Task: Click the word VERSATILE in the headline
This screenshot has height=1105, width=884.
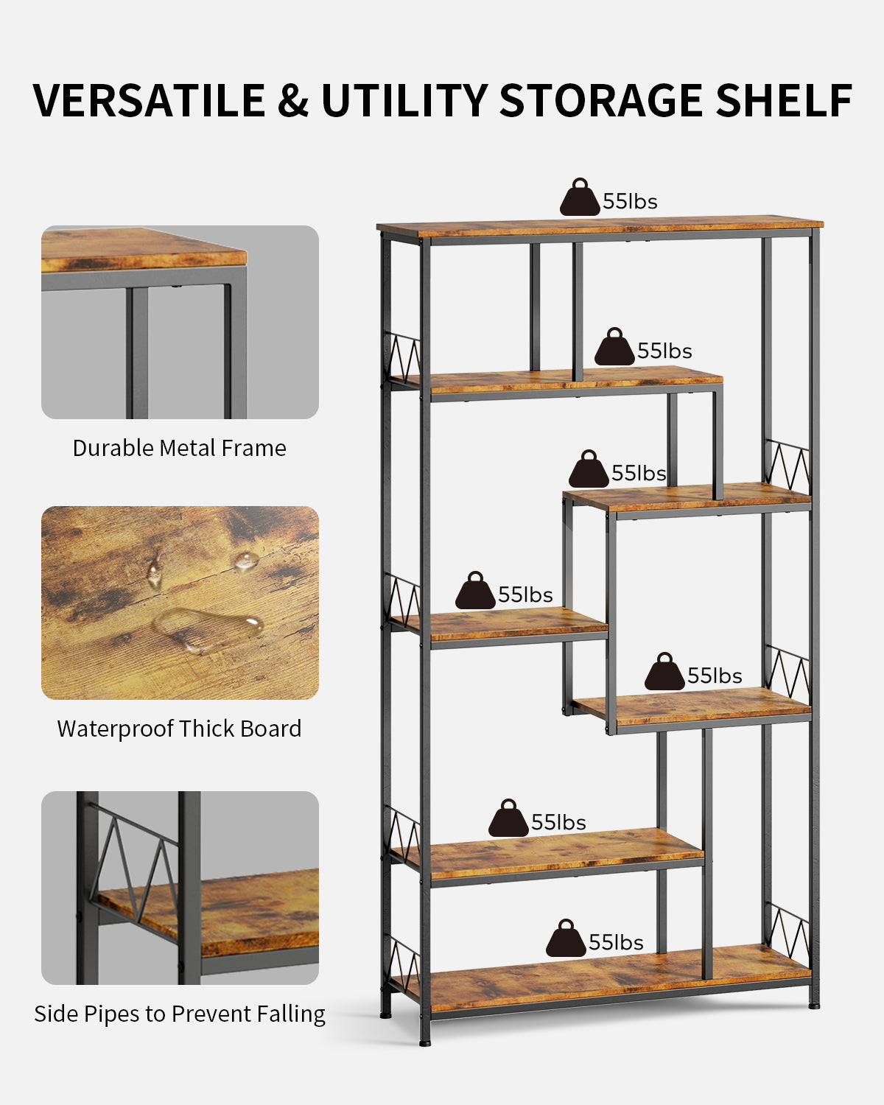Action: coord(149,100)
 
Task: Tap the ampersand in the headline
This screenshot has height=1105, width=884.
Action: coord(293,100)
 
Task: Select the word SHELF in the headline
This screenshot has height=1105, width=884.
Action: coord(785,100)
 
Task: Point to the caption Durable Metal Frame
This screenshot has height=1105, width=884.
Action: coord(179,448)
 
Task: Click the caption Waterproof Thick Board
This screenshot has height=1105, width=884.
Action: coord(179,729)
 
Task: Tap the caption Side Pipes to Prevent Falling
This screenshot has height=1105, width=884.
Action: coord(180,1014)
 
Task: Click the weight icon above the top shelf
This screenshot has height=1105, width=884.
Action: coord(580,197)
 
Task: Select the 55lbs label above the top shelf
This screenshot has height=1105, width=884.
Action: coord(631,201)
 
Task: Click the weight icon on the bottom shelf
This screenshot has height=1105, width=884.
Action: coord(566,938)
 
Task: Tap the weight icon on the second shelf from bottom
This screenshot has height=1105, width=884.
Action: coord(508,818)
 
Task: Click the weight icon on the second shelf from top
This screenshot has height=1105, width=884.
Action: coord(614,346)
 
